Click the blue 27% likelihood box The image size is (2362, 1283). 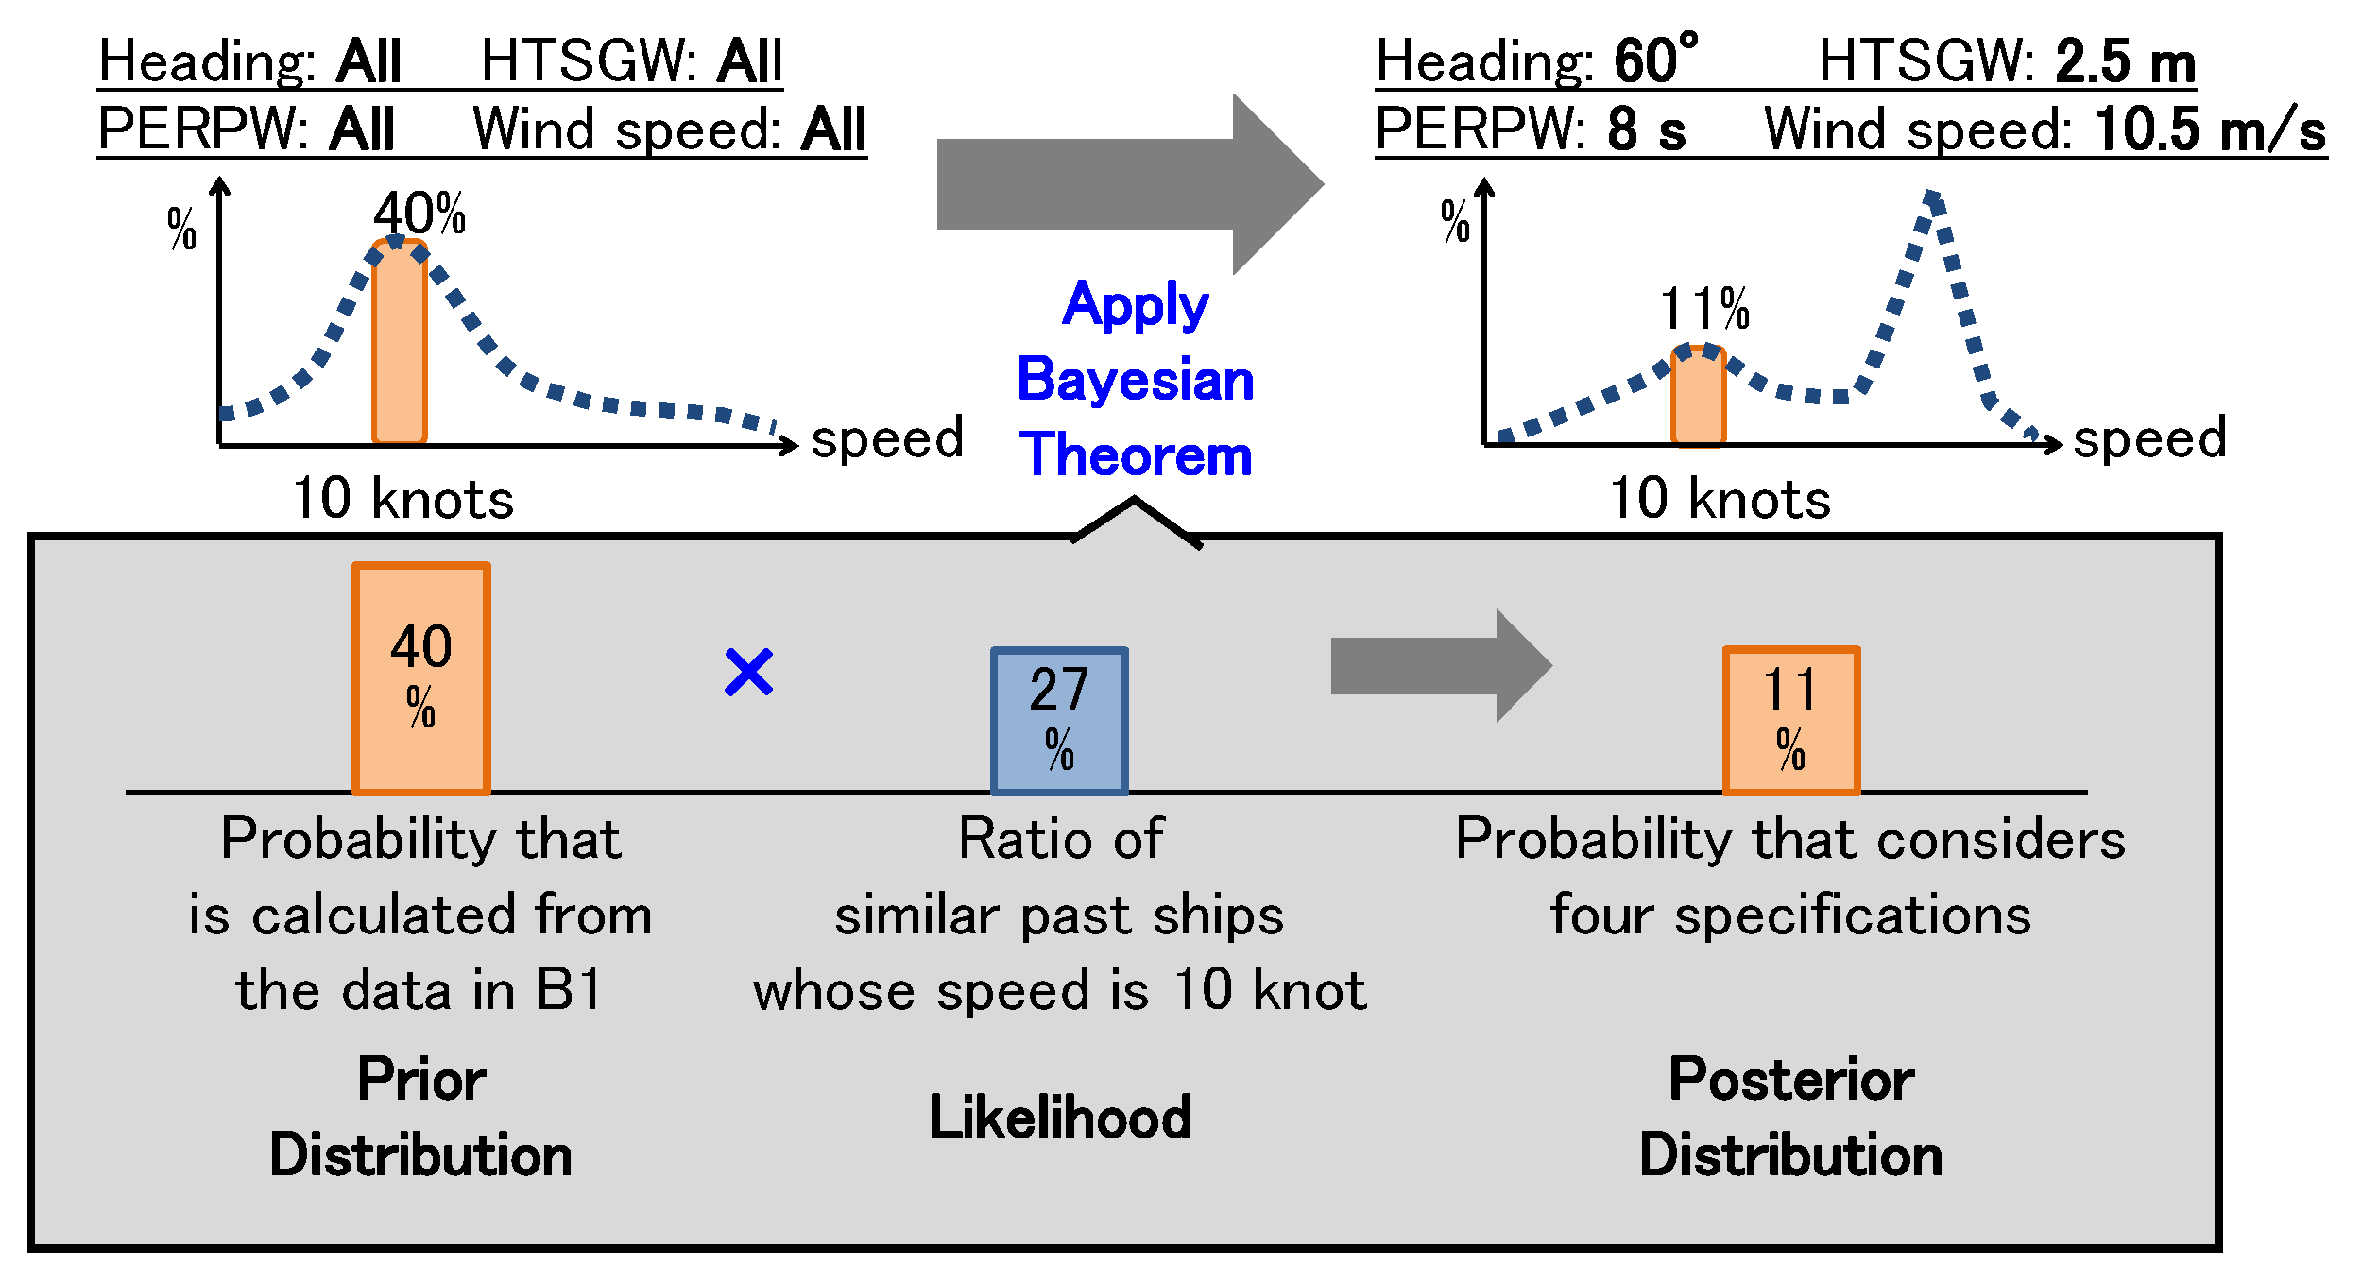pos(1059,721)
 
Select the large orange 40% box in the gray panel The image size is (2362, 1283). pos(421,678)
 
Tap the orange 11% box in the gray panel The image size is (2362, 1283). pos(1791,721)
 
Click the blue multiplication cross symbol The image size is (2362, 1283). pos(749,672)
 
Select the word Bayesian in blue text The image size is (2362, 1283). pos(1136,381)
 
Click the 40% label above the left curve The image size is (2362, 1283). pos(419,214)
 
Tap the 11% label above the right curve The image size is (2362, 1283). pos(1704,309)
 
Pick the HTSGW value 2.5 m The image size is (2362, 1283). pos(2125,62)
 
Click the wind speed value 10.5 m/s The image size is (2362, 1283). pos(2210,129)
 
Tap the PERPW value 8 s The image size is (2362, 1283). pos(1646,129)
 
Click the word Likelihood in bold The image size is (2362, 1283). pos(1060,1118)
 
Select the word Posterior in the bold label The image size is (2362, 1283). pos(1791,1080)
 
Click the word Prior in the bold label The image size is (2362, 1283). pos(421,1080)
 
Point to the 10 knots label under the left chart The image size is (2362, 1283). pos(403,499)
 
